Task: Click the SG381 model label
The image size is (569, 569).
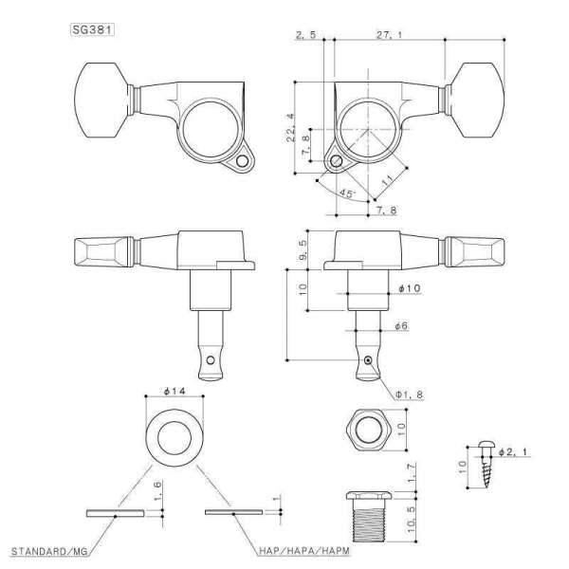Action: pos(92,29)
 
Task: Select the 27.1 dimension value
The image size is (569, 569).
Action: pos(389,35)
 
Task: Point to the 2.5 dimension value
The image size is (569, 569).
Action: pos(306,35)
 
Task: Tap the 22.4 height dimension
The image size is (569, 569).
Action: pos(291,128)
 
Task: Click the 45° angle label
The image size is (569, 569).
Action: pos(347,193)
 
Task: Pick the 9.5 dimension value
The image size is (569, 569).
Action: pos(303,249)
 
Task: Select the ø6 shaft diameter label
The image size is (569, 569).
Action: pos(401,326)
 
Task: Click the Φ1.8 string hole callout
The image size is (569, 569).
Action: pos(410,395)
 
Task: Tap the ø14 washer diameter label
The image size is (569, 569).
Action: pos(174,391)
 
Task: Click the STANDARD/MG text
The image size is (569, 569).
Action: pos(49,552)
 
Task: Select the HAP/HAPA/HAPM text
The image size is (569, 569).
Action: pos(304,551)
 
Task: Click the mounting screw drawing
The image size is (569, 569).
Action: pos(486,465)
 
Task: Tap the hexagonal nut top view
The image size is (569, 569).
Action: pos(368,430)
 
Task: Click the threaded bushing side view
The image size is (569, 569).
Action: pos(368,517)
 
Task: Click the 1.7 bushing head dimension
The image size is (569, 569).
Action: pos(412,474)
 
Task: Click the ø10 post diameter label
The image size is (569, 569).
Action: pos(410,288)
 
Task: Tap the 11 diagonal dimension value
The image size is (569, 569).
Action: pos(388,180)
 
